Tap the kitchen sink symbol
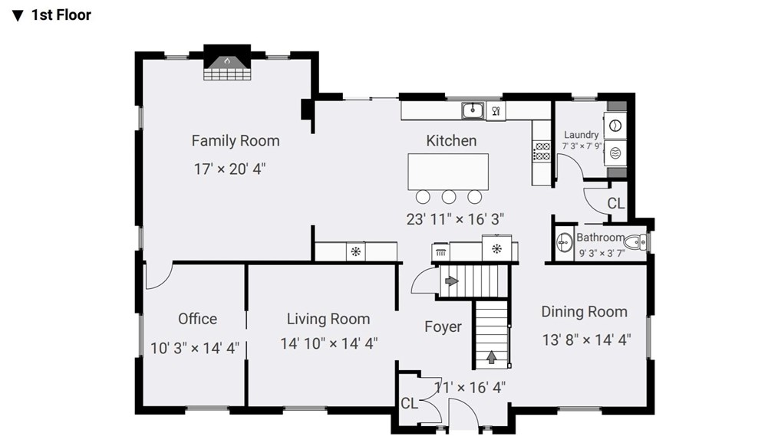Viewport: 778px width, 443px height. click(473, 110)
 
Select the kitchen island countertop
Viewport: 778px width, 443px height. click(448, 172)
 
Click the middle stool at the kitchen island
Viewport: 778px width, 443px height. click(449, 197)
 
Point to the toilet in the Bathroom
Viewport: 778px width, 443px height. click(635, 242)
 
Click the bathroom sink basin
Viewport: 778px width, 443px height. click(564, 243)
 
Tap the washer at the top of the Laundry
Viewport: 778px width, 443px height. click(615, 126)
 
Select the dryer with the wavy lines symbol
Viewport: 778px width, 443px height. click(615, 153)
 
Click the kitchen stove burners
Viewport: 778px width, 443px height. click(542, 152)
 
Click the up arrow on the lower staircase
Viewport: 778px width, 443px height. click(491, 357)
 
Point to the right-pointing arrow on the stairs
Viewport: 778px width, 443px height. click(451, 281)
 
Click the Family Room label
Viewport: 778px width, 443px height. click(236, 141)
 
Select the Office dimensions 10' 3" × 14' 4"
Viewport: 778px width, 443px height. click(195, 348)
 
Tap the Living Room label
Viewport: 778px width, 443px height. click(328, 319)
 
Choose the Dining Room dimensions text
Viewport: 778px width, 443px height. click(586, 340)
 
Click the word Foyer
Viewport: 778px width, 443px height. click(443, 327)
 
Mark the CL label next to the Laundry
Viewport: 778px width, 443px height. click(616, 203)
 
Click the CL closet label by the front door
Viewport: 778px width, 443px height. click(410, 403)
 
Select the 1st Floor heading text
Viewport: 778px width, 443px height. click(61, 15)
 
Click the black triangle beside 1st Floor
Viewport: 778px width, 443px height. click(18, 16)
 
